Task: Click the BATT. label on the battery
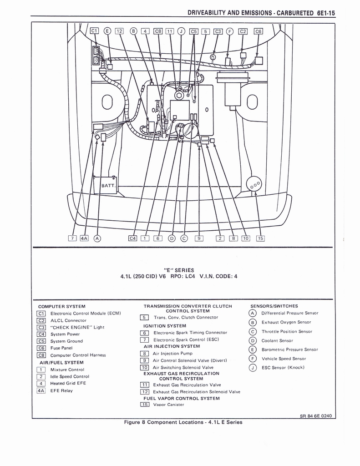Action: pyautogui.click(x=108, y=186)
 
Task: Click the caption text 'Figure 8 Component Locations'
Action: pyautogui.click(x=165, y=422)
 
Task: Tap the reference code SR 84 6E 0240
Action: pyautogui.click(x=317, y=415)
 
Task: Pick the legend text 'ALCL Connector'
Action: pyautogui.click(x=68, y=320)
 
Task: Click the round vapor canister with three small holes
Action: pyautogui.click(x=254, y=184)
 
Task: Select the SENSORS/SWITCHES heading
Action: pyautogui.click(x=274, y=306)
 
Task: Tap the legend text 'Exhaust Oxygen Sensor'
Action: pyautogui.click(x=286, y=322)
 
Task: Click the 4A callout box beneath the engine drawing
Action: pyautogui.click(x=84, y=238)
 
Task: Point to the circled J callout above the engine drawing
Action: pyautogui.click(x=181, y=31)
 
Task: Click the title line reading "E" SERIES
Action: pyautogui.click(x=179, y=270)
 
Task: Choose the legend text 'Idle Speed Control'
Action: pyautogui.click(x=69, y=376)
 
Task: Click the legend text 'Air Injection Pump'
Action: pyautogui.click(x=172, y=353)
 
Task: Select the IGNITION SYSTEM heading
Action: pyautogui.click(x=164, y=326)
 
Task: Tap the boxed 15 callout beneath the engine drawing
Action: pyautogui.click(x=260, y=238)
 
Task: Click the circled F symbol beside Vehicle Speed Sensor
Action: pyautogui.click(x=252, y=359)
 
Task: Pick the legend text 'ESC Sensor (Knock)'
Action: pyautogui.click(x=283, y=367)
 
